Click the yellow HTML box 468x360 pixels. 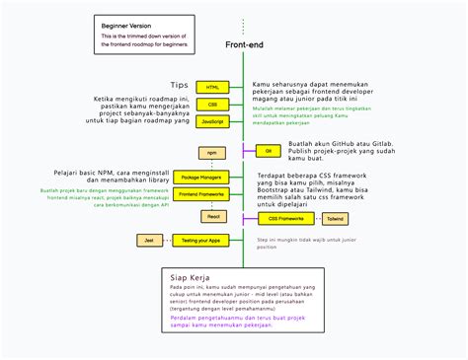[x=211, y=88]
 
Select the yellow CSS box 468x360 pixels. [x=211, y=104]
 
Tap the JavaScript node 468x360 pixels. [x=211, y=120]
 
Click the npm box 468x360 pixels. [x=211, y=153]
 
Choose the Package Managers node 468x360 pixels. [x=202, y=178]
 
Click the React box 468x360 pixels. [x=211, y=216]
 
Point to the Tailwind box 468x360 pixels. [x=336, y=218]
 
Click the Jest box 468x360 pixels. [x=149, y=240]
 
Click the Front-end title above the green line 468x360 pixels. [x=243, y=45]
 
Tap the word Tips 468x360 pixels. [x=179, y=85]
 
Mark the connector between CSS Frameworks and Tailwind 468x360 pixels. [x=316, y=218]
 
